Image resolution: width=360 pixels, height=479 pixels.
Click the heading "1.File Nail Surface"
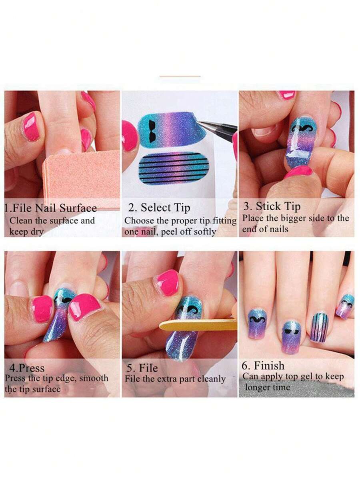tap(51, 208)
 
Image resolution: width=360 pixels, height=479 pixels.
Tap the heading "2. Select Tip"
tap(159, 208)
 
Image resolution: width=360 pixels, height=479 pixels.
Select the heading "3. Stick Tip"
tap(272, 207)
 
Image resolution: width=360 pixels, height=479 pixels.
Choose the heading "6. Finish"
tap(263, 366)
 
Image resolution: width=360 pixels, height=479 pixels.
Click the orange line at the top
tap(180, 76)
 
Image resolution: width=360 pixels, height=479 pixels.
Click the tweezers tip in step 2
tap(200, 123)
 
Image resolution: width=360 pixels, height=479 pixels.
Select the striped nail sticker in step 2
tap(174, 168)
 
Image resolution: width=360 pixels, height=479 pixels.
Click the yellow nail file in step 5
tap(198, 324)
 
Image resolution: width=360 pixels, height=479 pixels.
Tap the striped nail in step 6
tap(319, 327)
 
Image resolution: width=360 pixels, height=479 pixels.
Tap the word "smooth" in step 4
tap(94, 378)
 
